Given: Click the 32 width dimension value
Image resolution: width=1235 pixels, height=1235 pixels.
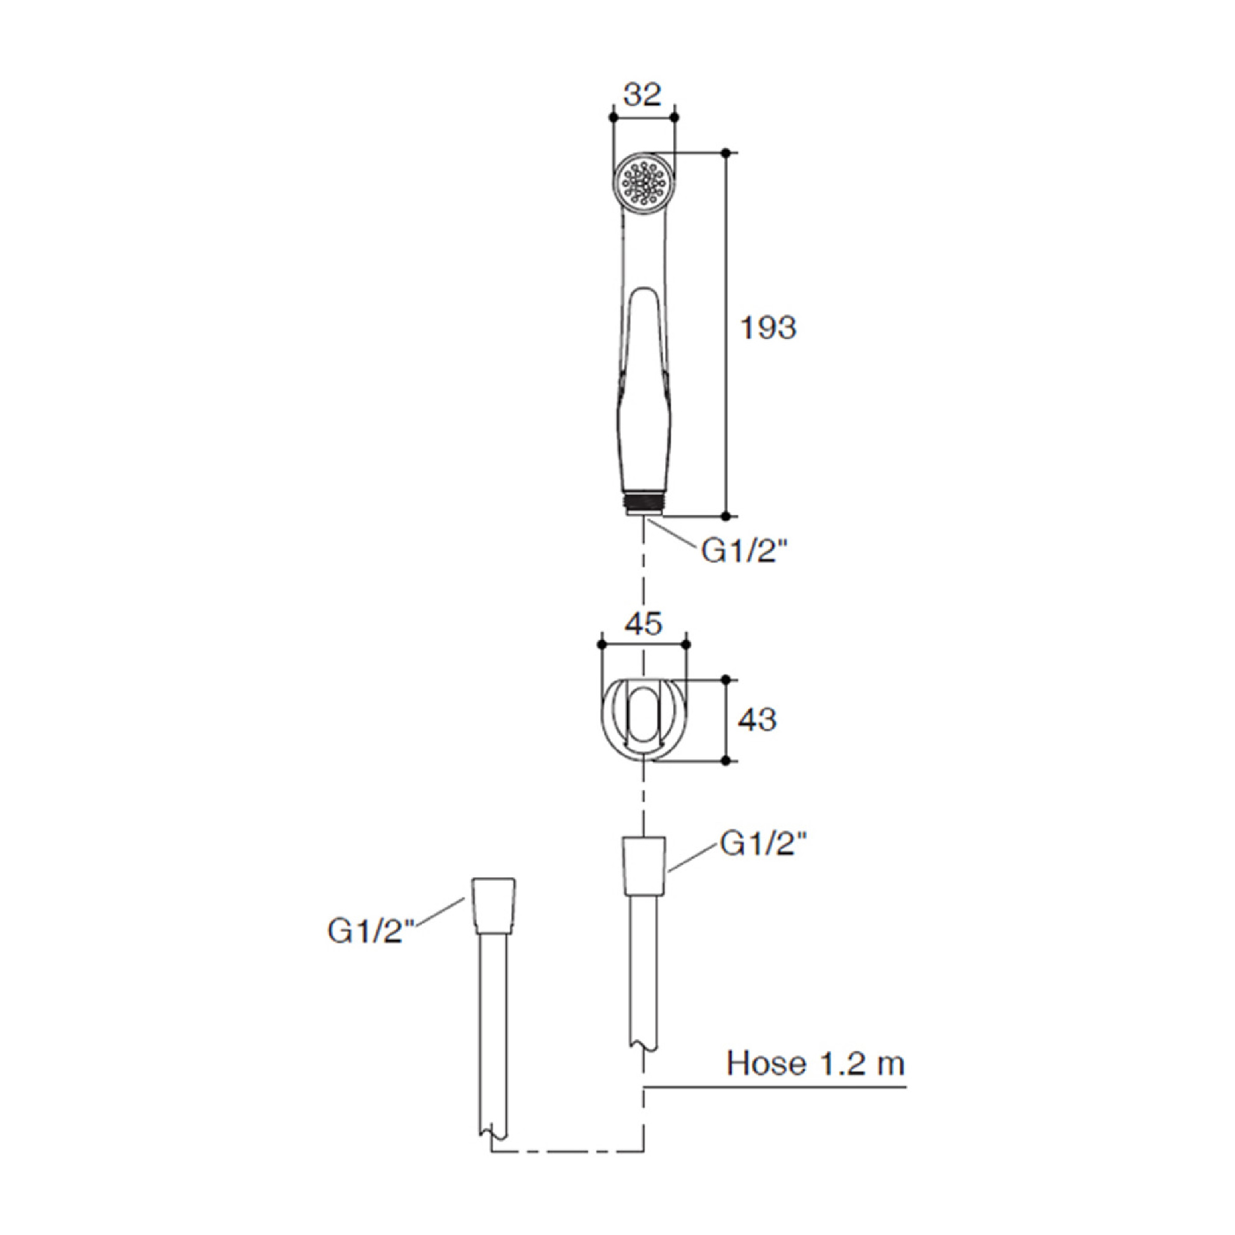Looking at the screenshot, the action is click(643, 94).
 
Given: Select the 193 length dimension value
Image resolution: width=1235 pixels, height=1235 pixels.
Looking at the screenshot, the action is click(768, 328).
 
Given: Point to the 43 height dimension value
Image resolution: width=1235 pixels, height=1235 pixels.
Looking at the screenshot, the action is click(758, 720).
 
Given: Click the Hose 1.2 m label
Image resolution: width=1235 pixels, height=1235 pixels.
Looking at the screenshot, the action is click(816, 1063).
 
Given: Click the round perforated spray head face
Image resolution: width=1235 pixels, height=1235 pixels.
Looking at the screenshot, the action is click(643, 183).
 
